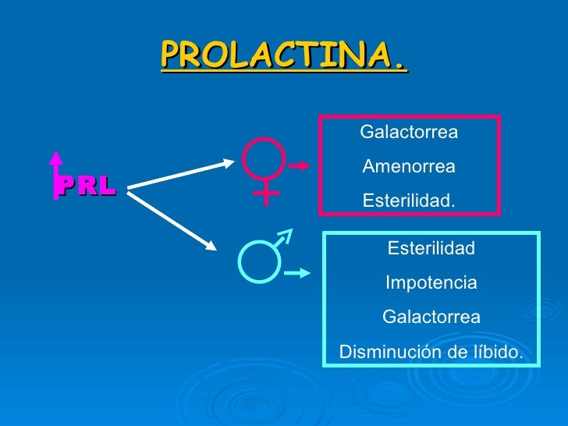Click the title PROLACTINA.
point(284,55)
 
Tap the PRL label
point(86,185)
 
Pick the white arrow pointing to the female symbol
point(181,174)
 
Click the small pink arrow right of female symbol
point(300,165)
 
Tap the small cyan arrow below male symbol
point(297,274)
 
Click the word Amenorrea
point(409,167)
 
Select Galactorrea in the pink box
point(409,133)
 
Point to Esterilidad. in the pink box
point(409,201)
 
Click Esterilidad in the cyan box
point(431,249)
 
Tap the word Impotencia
point(431,283)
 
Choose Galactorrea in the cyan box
point(431,318)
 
